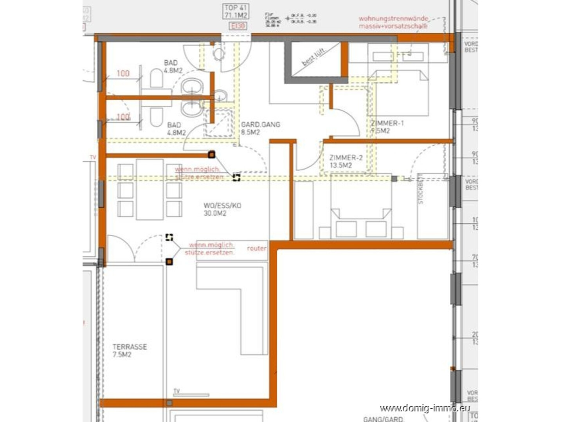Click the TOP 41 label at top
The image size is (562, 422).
[x=236, y=11]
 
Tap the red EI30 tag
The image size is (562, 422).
[x=238, y=26]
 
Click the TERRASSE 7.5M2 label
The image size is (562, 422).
[x=130, y=350]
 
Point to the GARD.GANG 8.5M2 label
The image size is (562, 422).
[x=260, y=128]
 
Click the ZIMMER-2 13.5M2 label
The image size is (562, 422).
[x=346, y=161]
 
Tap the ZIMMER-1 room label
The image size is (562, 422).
[x=387, y=127]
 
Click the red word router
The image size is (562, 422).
[x=256, y=248]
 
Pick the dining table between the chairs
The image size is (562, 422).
[x=150, y=189]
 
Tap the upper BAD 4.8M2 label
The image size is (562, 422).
[x=173, y=66]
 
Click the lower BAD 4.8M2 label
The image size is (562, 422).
[x=176, y=129]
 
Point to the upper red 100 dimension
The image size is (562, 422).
[x=123, y=73]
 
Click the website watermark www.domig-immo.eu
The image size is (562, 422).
[x=424, y=408]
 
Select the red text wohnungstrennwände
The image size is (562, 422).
[x=393, y=18]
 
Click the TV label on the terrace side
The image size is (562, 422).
[x=177, y=391]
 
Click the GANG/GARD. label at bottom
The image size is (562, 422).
[x=383, y=419]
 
